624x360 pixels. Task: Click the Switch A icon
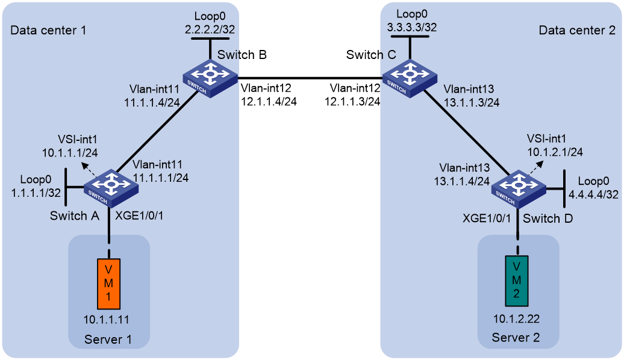click(111, 188)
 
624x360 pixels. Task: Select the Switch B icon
click(210, 78)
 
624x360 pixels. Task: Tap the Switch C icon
click(410, 78)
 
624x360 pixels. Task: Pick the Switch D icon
click(519, 189)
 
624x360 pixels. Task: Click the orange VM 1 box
click(108, 284)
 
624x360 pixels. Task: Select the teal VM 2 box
click(517, 281)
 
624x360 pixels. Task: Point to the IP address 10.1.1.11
click(106, 320)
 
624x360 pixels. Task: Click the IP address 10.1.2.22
click(517, 318)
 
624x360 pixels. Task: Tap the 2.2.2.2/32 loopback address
click(210, 29)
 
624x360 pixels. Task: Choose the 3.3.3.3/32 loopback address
click(412, 28)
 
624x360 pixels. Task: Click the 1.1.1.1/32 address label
click(36, 193)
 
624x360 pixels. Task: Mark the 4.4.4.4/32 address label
click(593, 194)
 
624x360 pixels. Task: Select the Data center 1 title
click(48, 30)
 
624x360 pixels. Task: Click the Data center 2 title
click(577, 30)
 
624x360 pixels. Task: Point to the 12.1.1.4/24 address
click(269, 101)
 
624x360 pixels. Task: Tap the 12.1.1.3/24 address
click(352, 101)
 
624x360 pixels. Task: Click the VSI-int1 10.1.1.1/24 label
click(70, 146)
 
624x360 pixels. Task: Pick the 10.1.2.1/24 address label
click(555, 152)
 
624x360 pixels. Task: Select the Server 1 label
click(108, 340)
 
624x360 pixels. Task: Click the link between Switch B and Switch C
click(310, 78)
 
